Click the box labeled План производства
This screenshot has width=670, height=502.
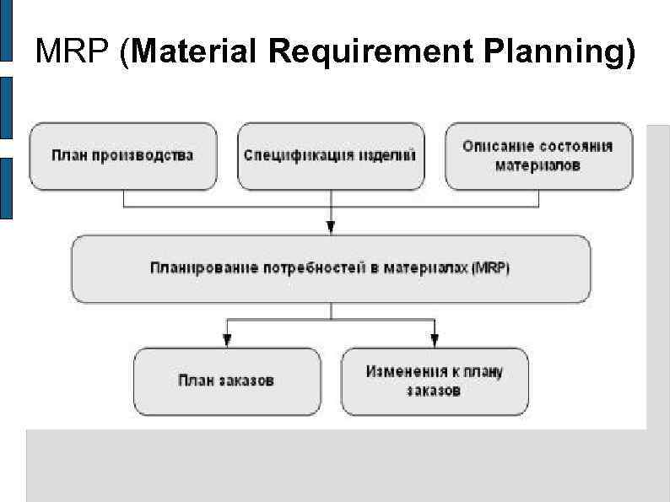click(x=123, y=156)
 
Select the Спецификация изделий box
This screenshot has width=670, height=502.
click(x=330, y=156)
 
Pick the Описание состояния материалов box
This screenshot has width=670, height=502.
click(x=538, y=156)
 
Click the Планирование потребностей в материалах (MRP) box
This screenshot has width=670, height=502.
click(x=330, y=268)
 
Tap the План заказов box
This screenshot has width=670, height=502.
click(x=226, y=381)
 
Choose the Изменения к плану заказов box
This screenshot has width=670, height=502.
click(x=434, y=381)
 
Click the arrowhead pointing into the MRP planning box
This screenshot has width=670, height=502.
click(x=331, y=226)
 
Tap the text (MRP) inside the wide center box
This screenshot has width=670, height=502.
click(x=491, y=268)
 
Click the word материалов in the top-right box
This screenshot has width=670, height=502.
click(x=538, y=166)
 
